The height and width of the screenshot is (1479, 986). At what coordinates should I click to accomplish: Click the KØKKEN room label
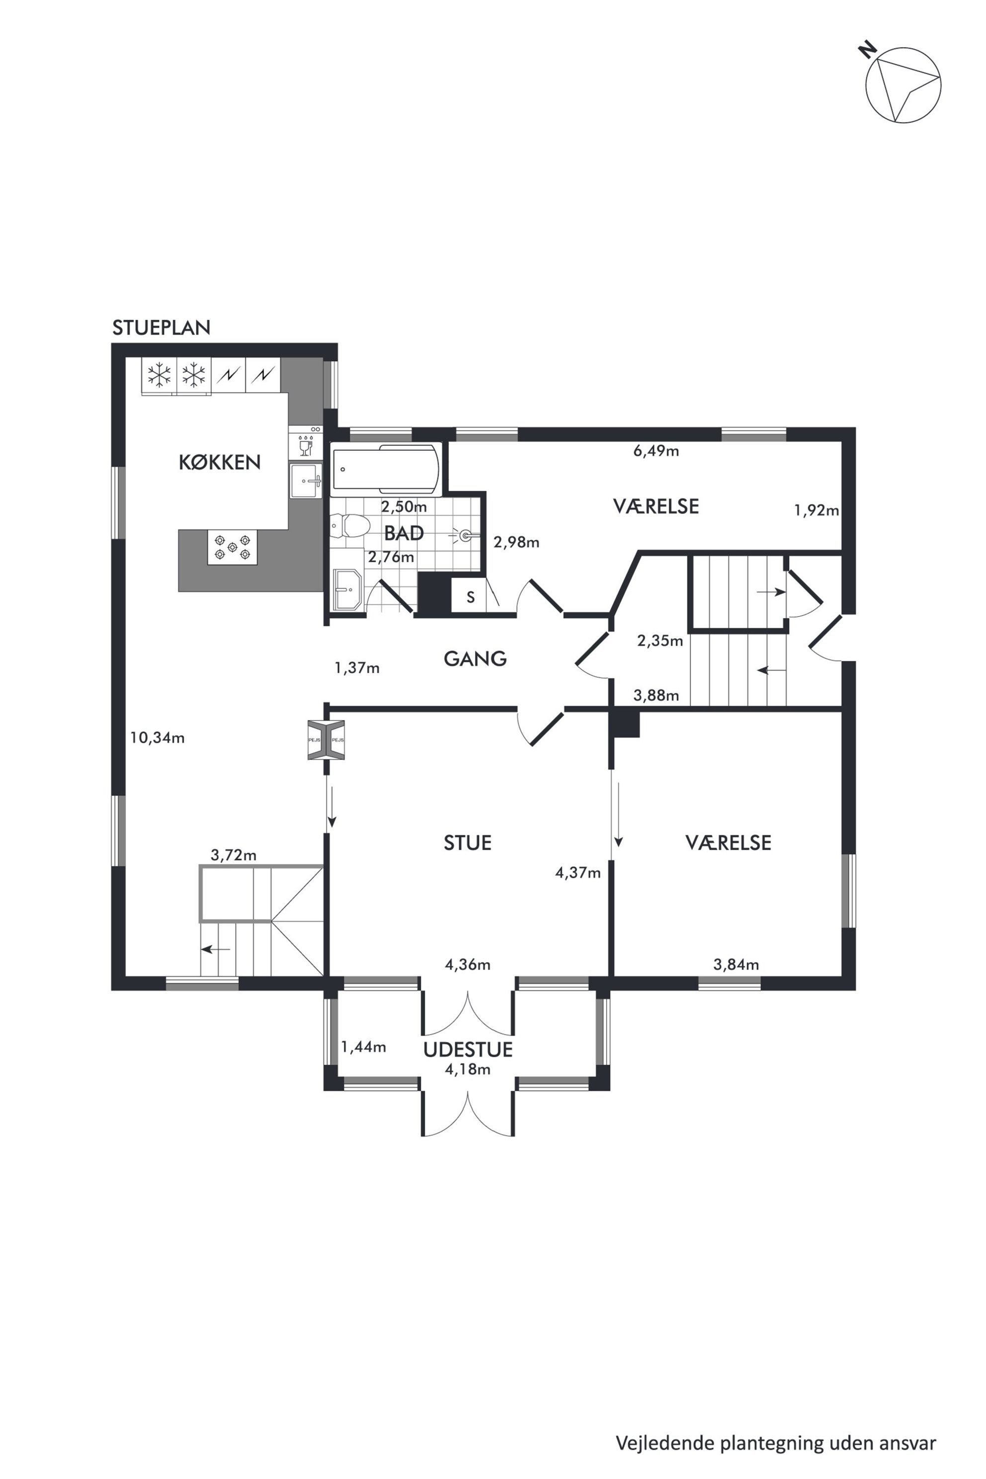point(220,462)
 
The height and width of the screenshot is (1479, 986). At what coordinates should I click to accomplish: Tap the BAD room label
point(404,533)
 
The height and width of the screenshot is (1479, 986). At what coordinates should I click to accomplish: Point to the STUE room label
point(467,843)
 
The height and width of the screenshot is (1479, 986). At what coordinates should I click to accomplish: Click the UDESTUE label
point(468,1050)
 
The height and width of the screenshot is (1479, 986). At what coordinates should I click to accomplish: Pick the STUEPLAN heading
point(161,328)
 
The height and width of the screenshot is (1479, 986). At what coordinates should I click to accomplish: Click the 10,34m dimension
point(157,738)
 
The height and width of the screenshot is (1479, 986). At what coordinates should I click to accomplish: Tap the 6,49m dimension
point(656,451)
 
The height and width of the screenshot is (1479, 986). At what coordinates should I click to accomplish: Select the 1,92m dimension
point(816,510)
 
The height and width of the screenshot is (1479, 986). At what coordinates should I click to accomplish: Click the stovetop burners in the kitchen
point(232,547)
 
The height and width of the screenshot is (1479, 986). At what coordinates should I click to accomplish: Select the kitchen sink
point(306,482)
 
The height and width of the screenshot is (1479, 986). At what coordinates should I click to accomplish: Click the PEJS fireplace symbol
point(326,740)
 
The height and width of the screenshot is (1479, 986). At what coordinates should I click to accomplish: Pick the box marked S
point(470,597)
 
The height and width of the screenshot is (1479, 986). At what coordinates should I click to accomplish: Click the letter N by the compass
point(868,50)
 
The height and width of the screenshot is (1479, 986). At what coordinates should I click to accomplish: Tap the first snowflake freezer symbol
point(159,375)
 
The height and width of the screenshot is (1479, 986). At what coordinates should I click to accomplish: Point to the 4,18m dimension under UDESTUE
point(468,1069)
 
